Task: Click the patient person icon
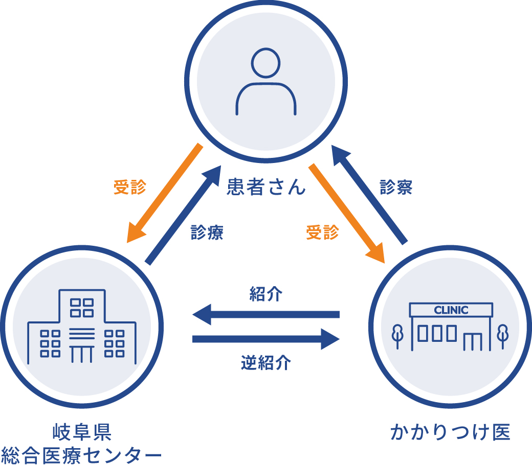click(265, 82)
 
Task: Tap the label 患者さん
click(266, 187)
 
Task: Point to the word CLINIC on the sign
click(451, 310)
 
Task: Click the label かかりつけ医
click(450, 432)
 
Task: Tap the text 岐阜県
click(82, 432)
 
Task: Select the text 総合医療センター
click(82, 454)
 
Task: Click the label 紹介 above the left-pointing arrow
click(266, 295)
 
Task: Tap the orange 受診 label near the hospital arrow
click(129, 187)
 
